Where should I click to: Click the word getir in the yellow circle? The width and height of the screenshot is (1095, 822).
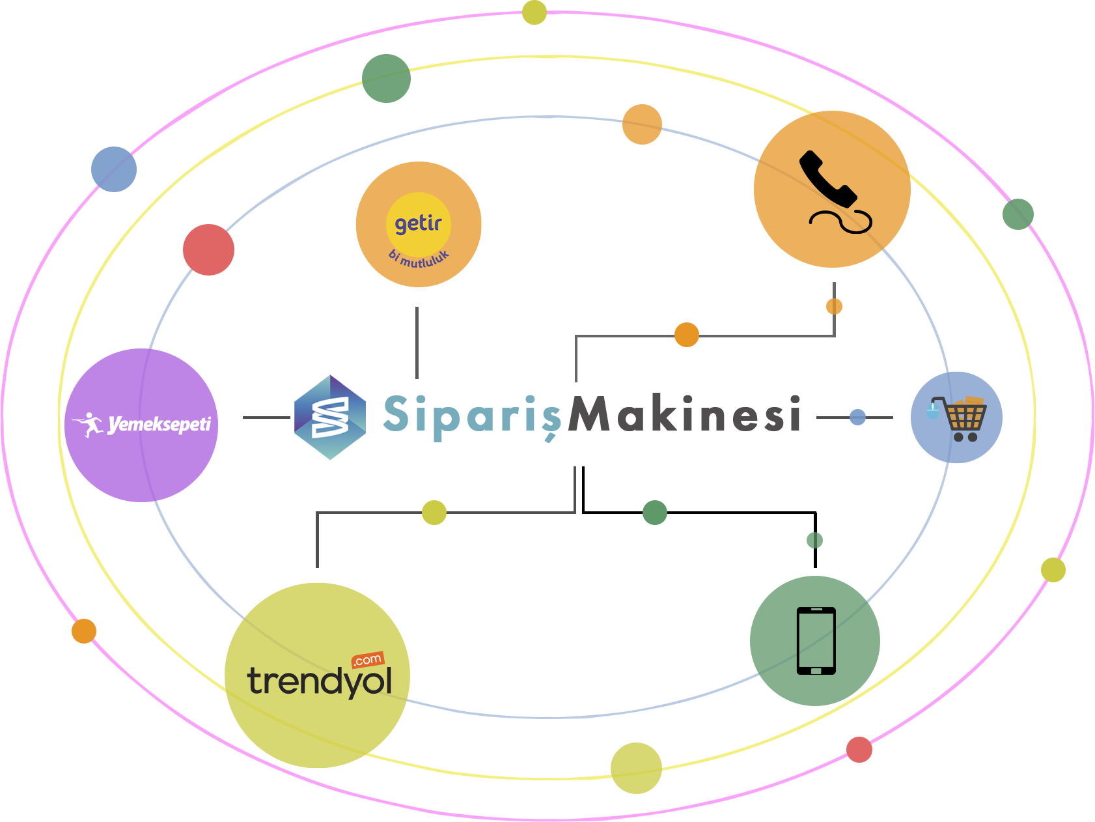418,223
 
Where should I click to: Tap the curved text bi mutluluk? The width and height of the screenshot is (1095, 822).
419,259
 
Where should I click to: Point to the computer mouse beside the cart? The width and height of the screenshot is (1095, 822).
933,410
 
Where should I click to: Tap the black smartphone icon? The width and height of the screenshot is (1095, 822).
816,641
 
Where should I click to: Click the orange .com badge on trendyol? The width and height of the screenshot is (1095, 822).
368,660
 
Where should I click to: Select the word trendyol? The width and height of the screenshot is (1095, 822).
319,681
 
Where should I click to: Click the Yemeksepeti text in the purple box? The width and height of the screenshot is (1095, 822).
159,425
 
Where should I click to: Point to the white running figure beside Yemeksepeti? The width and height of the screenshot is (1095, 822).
89,425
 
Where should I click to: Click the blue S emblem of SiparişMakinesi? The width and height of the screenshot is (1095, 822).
329,418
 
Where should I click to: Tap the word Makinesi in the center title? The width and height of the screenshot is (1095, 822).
684,416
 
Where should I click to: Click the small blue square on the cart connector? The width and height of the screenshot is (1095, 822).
857,417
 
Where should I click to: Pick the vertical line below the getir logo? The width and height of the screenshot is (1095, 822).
417,343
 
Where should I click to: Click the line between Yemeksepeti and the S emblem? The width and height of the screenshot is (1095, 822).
266,417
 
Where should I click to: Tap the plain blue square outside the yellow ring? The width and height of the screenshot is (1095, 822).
113,169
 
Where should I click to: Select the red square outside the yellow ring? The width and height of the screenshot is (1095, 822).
859,749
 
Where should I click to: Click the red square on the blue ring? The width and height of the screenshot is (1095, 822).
208,250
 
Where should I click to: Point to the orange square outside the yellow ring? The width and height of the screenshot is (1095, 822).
83,631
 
